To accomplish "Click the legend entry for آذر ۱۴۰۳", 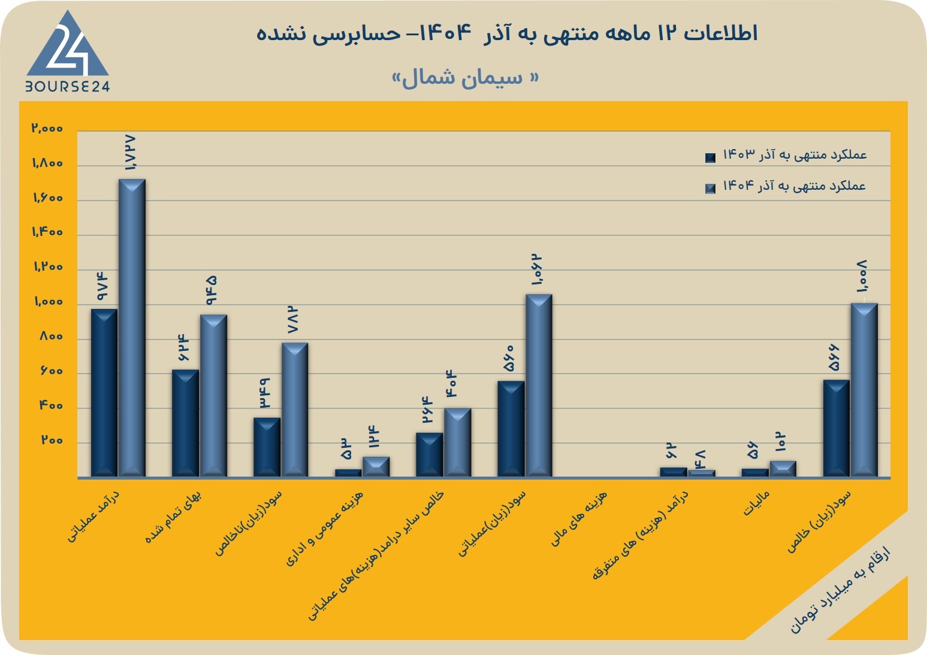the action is [x=786, y=155].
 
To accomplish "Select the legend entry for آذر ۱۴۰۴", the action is [x=786, y=186].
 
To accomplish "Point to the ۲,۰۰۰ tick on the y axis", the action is [x=47, y=128].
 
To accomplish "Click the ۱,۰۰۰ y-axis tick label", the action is [x=49, y=302].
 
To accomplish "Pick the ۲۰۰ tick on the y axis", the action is [x=52, y=441].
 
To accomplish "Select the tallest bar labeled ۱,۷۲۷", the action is [x=132, y=328].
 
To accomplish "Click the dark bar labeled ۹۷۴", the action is [x=104, y=393].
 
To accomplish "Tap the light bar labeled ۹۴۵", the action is [x=213, y=396].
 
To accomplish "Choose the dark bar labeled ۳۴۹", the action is [x=267, y=447].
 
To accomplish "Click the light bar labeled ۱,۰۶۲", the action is [x=539, y=386].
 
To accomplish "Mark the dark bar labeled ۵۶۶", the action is [x=837, y=429].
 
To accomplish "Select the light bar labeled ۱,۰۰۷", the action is [x=864, y=390].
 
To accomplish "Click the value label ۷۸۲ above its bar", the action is [x=293, y=320].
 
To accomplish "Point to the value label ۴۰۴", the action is [x=451, y=384].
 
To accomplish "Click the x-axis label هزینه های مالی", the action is [x=578, y=518].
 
